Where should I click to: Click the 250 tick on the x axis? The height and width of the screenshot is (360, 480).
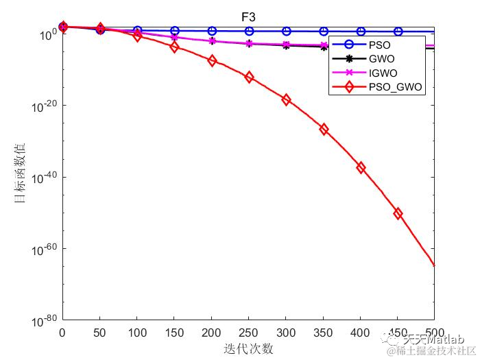coord(249,333)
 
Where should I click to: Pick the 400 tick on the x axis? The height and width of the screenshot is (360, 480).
coord(361,333)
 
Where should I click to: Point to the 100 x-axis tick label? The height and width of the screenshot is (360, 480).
coord(137,333)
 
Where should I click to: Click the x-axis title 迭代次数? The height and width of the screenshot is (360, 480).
coord(248,348)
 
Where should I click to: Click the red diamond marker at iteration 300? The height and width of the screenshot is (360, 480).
coord(286,100)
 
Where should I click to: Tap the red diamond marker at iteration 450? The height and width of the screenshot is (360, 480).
coord(398,213)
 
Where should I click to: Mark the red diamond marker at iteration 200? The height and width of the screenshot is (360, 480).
coord(212,60)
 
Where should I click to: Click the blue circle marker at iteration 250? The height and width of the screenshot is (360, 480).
coord(249,31)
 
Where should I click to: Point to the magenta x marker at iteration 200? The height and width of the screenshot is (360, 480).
coord(212,40)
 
